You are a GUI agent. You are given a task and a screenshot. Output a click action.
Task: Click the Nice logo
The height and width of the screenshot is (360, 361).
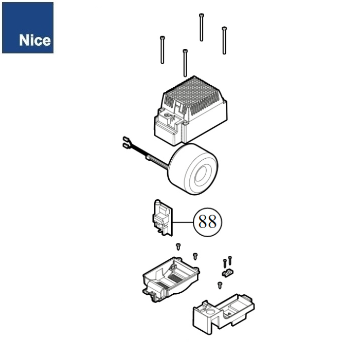coord(28,28)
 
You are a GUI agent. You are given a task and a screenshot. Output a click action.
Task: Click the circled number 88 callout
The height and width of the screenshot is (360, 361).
coord(207,222)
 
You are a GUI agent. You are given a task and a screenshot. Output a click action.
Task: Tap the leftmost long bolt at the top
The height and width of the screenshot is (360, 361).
coord(163,50)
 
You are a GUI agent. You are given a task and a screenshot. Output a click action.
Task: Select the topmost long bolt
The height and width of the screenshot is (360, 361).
coord(202,27)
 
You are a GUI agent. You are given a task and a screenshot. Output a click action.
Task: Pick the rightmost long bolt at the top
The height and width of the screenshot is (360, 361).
coord(224,41)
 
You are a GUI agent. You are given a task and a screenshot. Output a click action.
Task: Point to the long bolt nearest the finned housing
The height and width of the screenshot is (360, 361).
coord(185,63)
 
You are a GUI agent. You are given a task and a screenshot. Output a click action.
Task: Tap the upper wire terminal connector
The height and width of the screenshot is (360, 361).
coord(126,139)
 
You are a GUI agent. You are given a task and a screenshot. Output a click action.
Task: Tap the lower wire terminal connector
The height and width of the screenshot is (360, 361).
coord(125,145)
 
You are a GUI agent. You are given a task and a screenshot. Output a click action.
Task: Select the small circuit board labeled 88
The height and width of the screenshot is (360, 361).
coord(163,218)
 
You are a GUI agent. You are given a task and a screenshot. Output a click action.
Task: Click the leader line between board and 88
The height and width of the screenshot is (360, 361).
coord(183,222)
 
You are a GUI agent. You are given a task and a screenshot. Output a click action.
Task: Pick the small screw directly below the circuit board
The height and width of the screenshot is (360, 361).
coord(178,247)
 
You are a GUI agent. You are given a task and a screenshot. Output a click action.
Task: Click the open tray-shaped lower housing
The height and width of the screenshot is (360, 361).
coord(171,279)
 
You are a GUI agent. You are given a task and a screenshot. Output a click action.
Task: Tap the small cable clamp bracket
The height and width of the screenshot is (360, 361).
coord(227,273)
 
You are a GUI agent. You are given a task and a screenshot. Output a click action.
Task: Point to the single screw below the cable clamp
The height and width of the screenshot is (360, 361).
coord(220,286)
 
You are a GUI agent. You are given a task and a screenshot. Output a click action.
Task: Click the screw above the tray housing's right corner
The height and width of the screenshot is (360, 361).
coord(195,256)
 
